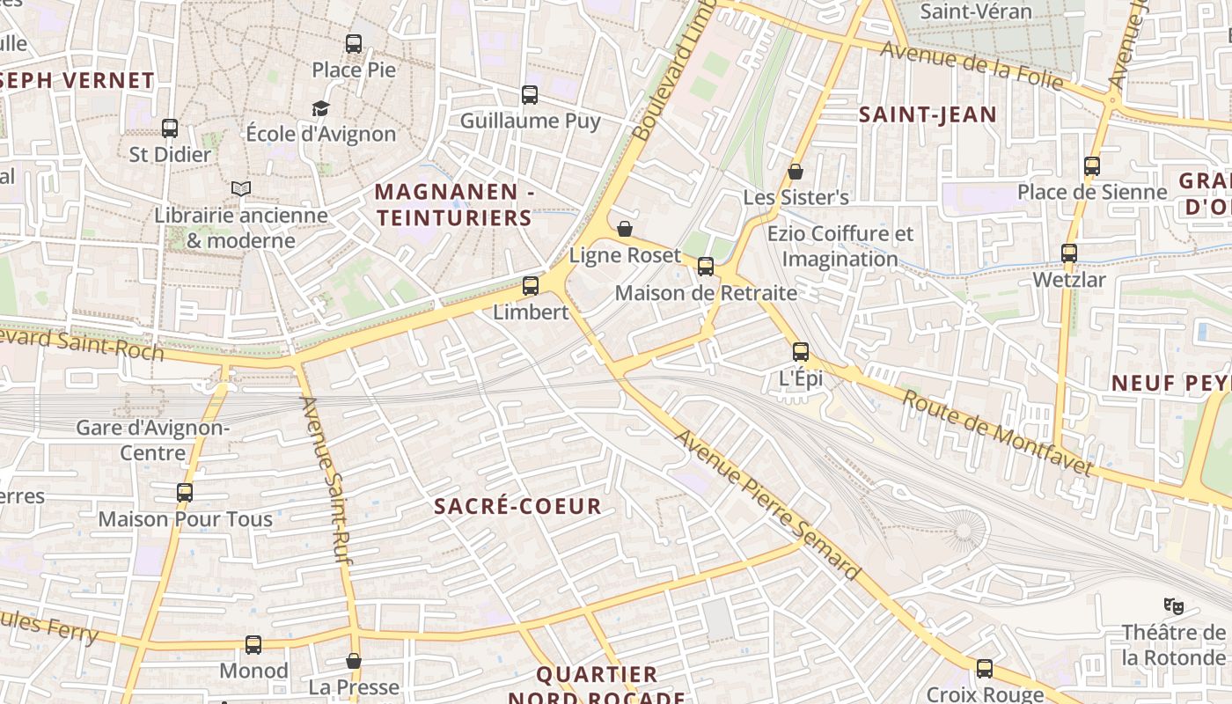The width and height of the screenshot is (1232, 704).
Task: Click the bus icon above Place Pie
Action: click(x=354, y=43)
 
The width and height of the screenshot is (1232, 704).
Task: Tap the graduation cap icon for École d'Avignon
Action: click(x=320, y=108)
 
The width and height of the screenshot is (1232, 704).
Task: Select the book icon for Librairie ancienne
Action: click(x=240, y=188)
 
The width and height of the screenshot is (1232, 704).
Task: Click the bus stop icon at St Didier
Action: click(x=170, y=128)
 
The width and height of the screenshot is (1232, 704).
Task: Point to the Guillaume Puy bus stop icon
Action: click(x=530, y=95)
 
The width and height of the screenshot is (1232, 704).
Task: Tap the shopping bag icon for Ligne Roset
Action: click(x=625, y=230)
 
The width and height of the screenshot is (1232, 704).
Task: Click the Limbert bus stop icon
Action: click(x=531, y=286)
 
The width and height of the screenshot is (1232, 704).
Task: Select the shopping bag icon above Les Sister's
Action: click(x=796, y=172)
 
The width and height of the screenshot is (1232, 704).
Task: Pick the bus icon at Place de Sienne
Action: click(x=1092, y=166)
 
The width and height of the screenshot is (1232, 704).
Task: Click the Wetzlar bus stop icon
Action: click(x=1069, y=253)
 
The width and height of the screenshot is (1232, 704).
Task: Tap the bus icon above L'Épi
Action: click(x=801, y=352)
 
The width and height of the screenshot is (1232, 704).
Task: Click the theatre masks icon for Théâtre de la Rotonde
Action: click(x=1173, y=605)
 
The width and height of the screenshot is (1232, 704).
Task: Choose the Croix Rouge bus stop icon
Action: click(x=985, y=669)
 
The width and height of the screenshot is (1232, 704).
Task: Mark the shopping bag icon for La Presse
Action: click(x=354, y=661)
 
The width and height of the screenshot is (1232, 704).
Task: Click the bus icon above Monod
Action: click(x=253, y=645)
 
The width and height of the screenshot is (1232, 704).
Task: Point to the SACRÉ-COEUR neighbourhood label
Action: click(x=518, y=506)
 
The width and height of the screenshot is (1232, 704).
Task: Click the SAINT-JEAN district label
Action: click(x=928, y=114)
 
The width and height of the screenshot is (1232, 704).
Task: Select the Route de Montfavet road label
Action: click(x=998, y=432)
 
